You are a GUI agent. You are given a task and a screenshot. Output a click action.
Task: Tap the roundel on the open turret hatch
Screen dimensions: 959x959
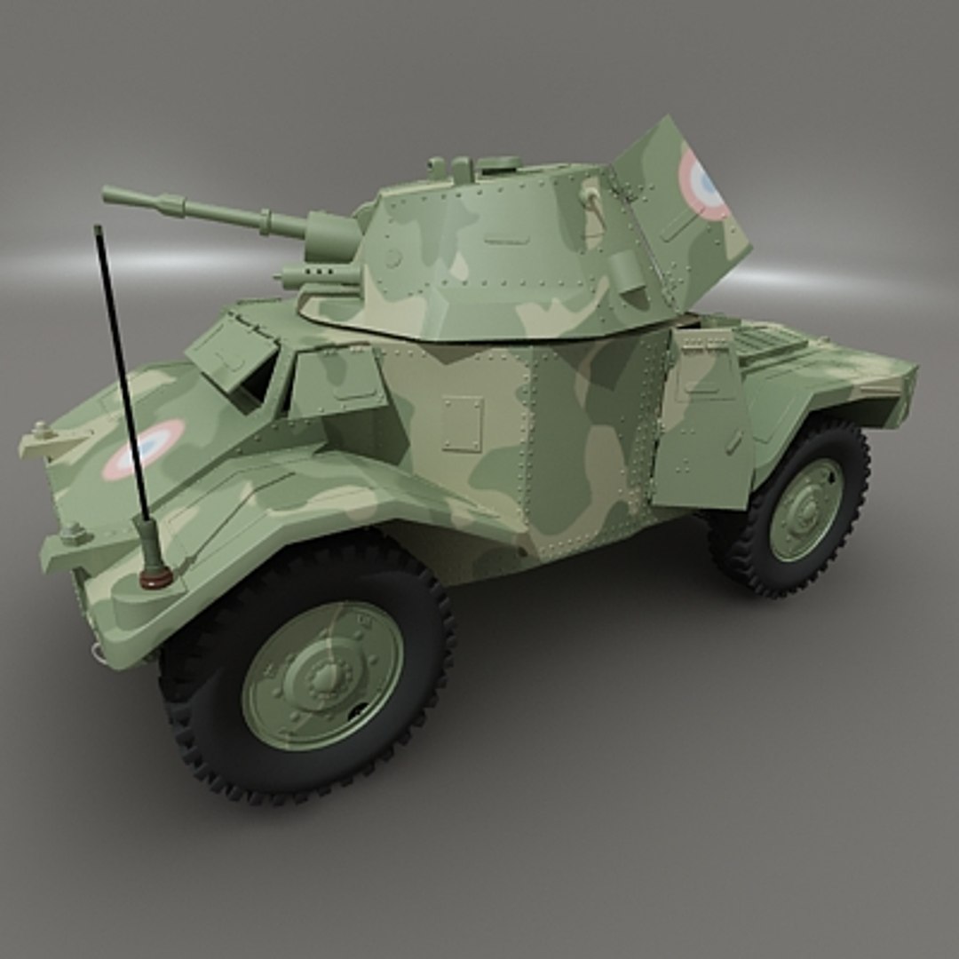coord(703,185)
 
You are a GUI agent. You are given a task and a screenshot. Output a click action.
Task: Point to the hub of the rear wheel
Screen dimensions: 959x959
coord(806,509)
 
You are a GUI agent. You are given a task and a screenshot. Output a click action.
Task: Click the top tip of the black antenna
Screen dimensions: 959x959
coord(98,229)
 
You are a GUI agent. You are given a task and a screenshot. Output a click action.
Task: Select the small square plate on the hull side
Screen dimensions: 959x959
coord(462,424)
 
